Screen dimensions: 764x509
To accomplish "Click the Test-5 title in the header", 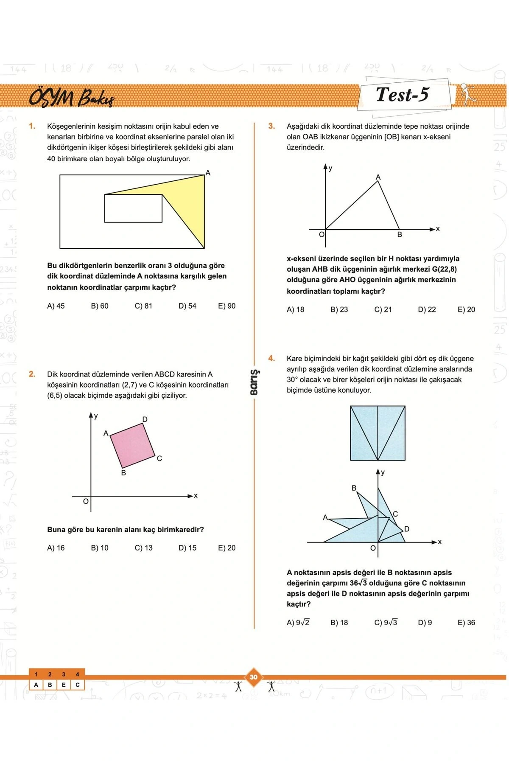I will click(402, 95).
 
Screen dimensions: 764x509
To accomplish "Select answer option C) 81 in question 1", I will click(143, 306).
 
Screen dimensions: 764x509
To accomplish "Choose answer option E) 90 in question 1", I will click(227, 306).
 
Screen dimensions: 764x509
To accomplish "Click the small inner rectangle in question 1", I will click(133, 208).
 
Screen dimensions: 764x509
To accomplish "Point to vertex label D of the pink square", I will click(145, 419).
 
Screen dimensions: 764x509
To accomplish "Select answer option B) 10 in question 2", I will click(100, 548).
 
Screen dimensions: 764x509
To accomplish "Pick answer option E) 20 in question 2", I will click(227, 548).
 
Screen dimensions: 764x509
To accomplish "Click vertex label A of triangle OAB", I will click(378, 177).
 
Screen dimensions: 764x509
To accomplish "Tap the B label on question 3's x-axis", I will click(400, 235).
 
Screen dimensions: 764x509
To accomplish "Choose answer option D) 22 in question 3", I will click(427, 310).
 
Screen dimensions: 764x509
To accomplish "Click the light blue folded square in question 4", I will click(378, 433).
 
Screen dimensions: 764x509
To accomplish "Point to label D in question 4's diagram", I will click(407, 529).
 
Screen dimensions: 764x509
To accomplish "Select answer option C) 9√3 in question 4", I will click(386, 623).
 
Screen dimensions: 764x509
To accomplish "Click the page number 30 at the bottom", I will click(254, 677).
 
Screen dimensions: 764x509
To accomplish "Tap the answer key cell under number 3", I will click(64, 685).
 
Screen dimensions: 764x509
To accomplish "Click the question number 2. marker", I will click(32, 374).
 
